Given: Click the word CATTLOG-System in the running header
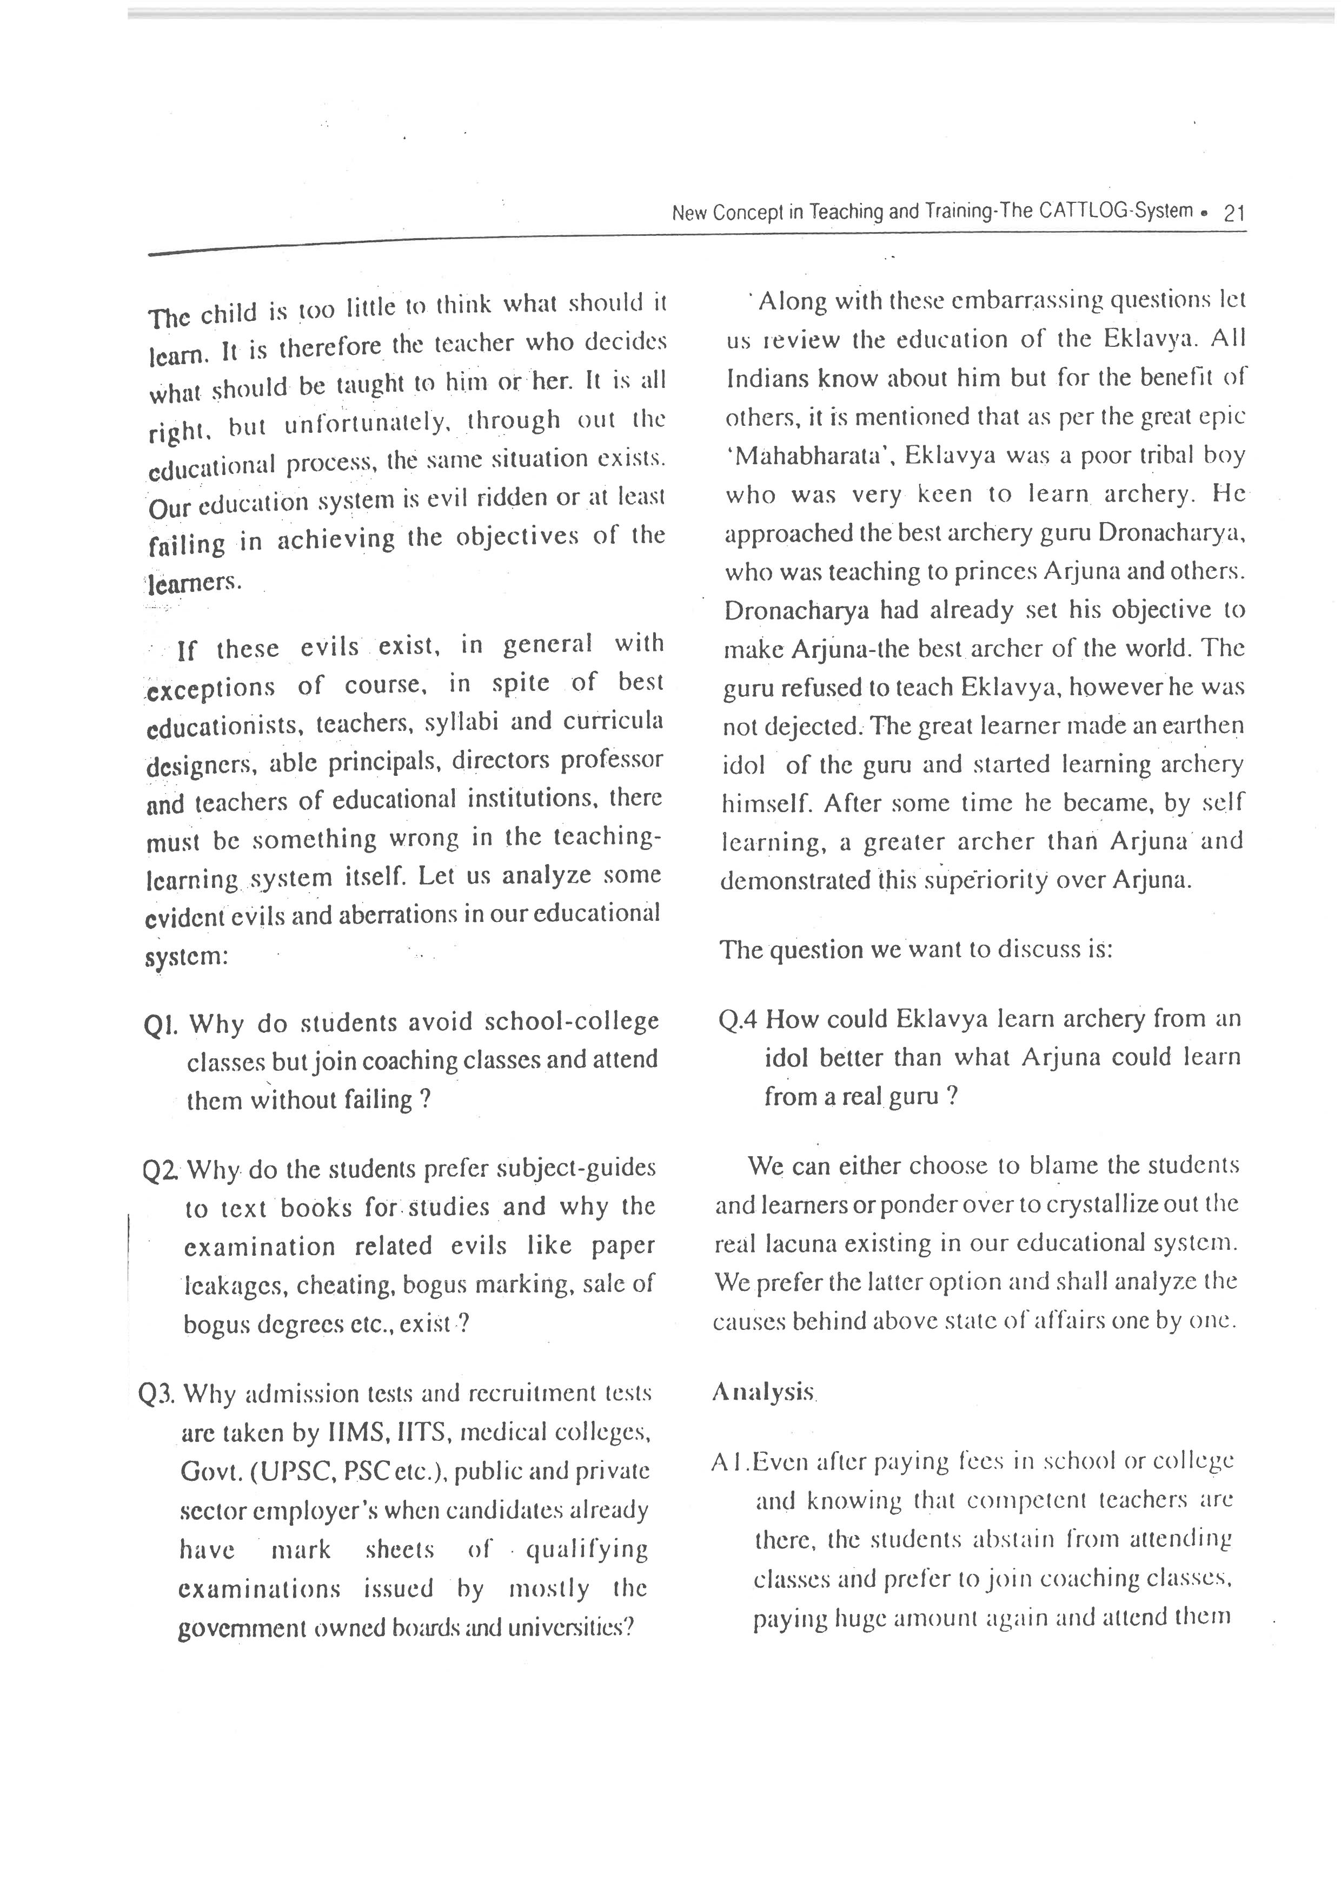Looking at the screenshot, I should [x=1116, y=211].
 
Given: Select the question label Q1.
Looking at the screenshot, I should [x=161, y=1026].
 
